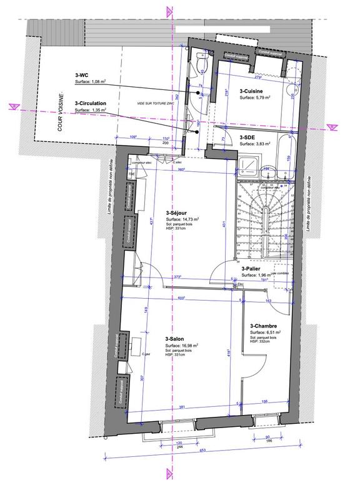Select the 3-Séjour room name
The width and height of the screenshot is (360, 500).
click(x=178, y=212)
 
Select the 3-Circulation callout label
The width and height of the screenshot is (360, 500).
click(x=90, y=103)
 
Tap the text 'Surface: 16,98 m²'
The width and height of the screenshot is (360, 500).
click(x=182, y=346)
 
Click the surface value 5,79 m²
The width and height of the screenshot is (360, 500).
click(x=255, y=98)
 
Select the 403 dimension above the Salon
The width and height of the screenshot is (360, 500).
click(x=182, y=297)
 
